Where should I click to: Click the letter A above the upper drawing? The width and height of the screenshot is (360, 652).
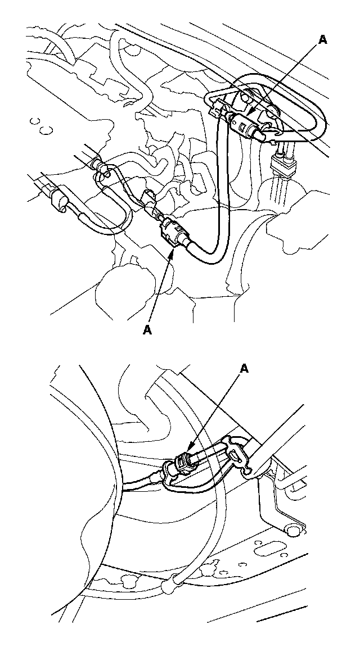322,39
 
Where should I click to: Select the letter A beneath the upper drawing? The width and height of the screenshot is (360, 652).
147,330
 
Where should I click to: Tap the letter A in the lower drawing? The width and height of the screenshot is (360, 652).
245,369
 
